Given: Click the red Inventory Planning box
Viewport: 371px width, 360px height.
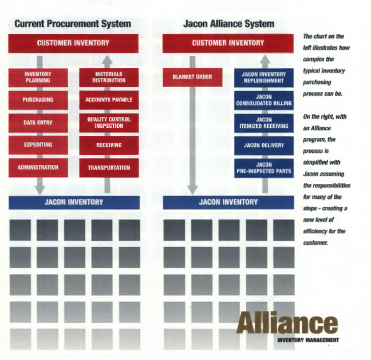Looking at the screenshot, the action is (38, 77).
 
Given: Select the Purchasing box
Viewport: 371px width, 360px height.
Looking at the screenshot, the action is (38, 100).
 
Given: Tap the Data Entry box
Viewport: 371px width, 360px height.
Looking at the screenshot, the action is (38, 123).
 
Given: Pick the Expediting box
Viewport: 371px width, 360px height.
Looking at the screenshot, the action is (38, 145).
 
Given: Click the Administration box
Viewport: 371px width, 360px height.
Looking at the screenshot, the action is (38, 168).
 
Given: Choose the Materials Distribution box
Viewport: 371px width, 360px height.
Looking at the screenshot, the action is (109, 77).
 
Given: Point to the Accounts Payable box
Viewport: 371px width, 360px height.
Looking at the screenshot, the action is (109, 100).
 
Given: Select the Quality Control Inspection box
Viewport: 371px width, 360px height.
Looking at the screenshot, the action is (109, 123).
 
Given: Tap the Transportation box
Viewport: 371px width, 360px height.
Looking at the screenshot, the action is (109, 168).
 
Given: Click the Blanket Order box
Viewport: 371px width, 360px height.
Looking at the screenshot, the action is (192, 77).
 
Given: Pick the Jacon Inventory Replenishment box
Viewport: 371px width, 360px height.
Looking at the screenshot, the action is (264, 78).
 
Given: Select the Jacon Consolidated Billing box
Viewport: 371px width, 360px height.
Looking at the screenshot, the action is (264, 100).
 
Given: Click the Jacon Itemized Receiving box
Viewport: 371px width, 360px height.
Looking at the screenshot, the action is (264, 123).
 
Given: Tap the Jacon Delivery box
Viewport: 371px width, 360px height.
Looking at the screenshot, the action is (264, 146).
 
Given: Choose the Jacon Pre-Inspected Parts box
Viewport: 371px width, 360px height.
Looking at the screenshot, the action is (264, 168).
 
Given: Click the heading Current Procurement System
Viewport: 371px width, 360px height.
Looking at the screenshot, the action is (73, 24).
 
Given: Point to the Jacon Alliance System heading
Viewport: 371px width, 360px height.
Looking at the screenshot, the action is (229, 24).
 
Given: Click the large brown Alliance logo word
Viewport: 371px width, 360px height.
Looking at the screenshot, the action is (287, 322).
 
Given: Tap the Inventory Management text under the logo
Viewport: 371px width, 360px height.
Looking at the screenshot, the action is (308, 340).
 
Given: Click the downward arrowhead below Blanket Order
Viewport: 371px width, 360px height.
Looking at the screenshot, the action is (192, 190).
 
